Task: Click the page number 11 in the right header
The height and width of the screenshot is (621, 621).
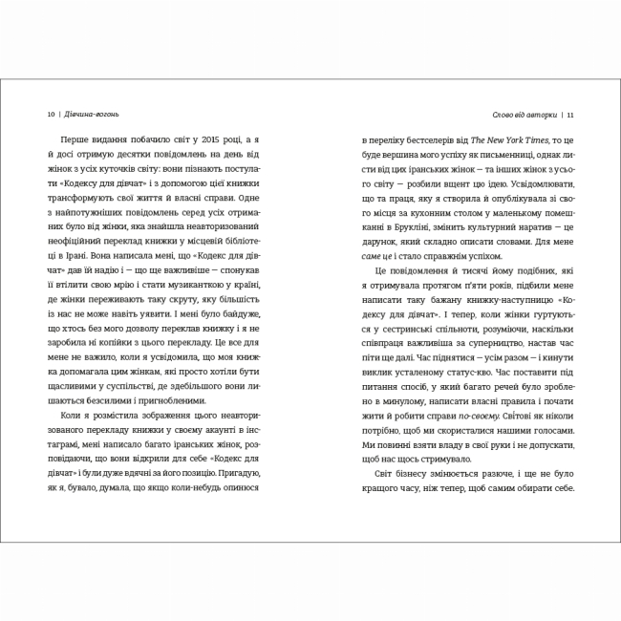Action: [x=569, y=116]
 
